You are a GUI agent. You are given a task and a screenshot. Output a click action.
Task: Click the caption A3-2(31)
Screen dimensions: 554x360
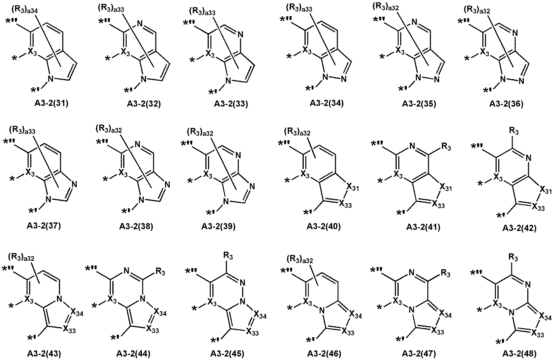coord(52,103)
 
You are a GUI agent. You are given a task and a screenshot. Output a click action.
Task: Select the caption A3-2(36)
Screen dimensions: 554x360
coord(506,104)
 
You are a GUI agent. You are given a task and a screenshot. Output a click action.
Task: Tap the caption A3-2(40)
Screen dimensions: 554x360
coord(324,226)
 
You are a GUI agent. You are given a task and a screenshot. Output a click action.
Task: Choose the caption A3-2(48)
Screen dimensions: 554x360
coord(520,353)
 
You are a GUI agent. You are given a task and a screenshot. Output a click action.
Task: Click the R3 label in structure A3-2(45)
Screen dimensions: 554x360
coord(228,256)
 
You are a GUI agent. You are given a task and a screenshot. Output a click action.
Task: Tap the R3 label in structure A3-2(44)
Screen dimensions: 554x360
coord(160,272)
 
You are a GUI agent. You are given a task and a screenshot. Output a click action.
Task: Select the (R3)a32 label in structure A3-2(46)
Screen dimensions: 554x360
coord(300,259)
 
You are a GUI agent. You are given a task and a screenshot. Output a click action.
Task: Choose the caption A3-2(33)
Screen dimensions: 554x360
coord(231,104)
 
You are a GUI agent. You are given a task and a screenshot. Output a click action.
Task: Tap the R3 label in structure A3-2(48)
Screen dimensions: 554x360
coord(513,258)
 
